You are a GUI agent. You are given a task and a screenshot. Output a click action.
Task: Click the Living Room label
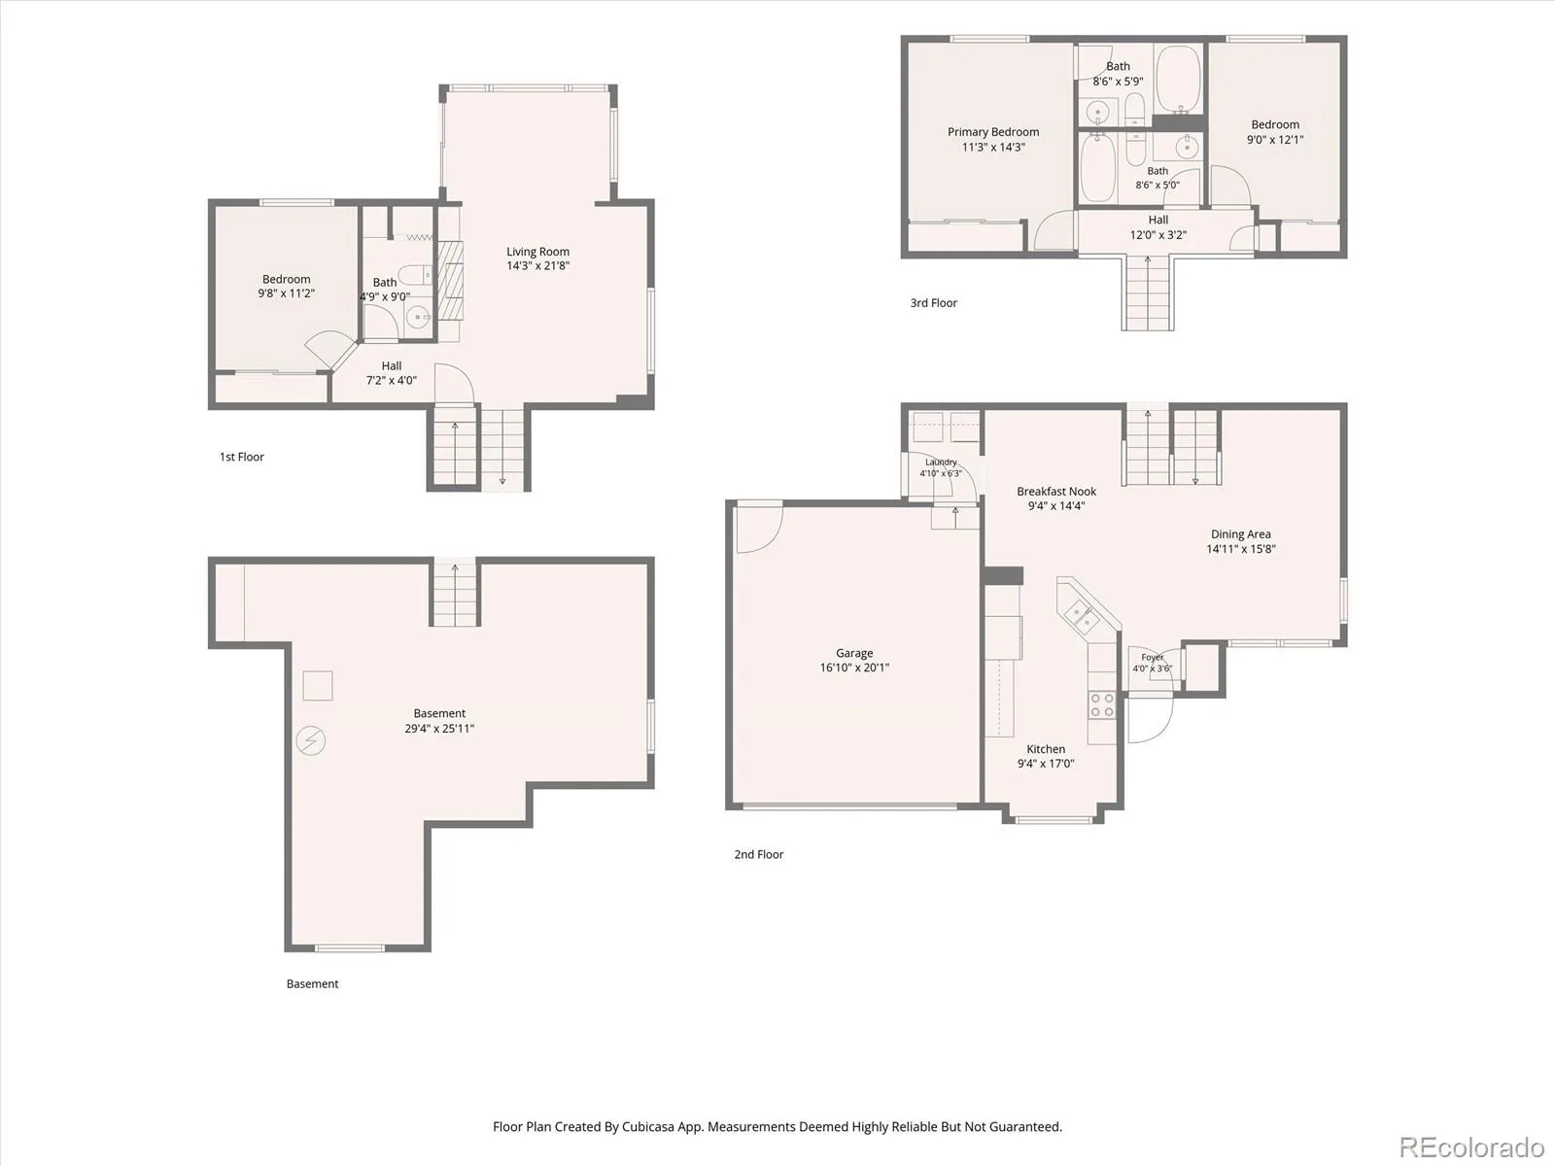click(537, 252)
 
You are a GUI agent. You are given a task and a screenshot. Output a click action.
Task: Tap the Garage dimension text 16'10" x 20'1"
click(854, 667)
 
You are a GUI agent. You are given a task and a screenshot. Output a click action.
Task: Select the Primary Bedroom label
click(993, 132)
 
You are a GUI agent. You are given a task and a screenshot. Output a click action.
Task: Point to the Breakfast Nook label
click(1056, 492)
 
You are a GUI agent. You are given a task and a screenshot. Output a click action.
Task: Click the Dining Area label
click(1240, 533)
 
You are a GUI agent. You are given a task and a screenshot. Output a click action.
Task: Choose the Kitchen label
click(1046, 749)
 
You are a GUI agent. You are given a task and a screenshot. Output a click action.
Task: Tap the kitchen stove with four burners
click(1101, 704)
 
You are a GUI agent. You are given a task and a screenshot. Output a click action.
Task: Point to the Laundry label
click(941, 463)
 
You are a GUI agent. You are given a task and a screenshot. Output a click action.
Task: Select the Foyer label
click(1152, 658)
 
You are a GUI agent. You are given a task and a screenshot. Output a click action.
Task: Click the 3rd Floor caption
click(933, 303)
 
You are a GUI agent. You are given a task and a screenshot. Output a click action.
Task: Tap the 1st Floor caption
click(242, 457)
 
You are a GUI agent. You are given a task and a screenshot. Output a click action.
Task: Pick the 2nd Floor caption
click(759, 854)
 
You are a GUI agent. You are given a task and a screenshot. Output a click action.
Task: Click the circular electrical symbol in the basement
click(310, 741)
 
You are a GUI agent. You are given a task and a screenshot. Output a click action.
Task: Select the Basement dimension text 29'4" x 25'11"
click(439, 728)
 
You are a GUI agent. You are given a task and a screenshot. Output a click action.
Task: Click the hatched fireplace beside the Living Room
click(451, 281)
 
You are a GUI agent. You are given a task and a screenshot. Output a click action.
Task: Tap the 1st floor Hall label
click(391, 366)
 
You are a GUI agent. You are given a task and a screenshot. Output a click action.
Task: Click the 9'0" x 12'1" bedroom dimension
click(1275, 140)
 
